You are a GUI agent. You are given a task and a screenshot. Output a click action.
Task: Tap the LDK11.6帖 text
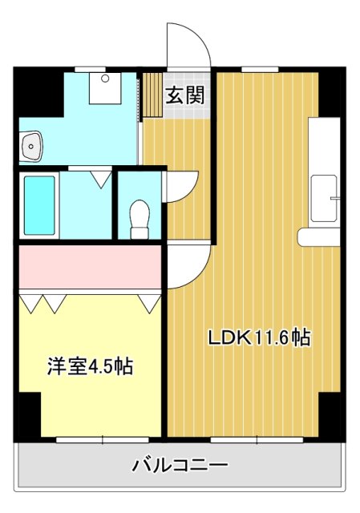click(x=259, y=337)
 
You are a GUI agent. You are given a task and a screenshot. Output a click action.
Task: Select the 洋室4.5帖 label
click(x=87, y=366)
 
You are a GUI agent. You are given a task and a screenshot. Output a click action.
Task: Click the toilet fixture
click(x=140, y=215)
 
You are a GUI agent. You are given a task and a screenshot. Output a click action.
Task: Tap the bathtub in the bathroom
click(x=39, y=204)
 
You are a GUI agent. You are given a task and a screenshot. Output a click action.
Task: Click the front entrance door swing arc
click(x=188, y=44)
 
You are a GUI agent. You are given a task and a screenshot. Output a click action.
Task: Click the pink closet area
click(x=91, y=269)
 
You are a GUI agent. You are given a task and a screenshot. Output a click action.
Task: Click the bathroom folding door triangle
click(x=101, y=178)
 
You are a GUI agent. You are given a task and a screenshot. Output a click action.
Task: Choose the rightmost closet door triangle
click(x=148, y=303)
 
